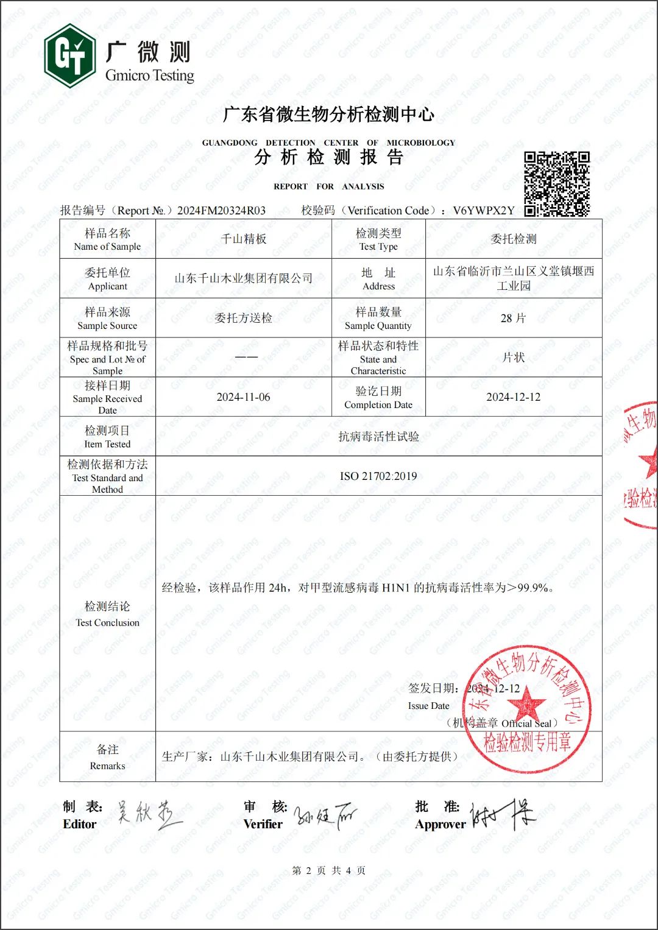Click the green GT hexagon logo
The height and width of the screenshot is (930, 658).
[69, 56]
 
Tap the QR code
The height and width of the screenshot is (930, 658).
[557, 184]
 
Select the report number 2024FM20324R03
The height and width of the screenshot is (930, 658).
[221, 211]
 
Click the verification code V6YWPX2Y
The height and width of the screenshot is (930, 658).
[484, 211]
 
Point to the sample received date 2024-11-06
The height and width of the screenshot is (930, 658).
[243, 397]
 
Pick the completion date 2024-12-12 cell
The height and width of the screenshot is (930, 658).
[513, 397]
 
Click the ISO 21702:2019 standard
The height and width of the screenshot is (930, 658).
[378, 476]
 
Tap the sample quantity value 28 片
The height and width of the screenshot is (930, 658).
[513, 318]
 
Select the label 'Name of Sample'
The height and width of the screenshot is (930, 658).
[107, 247]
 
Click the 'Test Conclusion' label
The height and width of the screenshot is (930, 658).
[107, 622]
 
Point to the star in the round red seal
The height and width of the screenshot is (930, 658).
[526, 704]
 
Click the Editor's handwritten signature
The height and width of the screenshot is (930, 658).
[149, 814]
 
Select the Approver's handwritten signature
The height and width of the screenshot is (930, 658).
[501, 815]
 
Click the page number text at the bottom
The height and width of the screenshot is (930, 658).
[329, 870]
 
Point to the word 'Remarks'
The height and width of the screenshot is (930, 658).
[107, 766]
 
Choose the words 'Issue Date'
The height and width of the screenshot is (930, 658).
[428, 706]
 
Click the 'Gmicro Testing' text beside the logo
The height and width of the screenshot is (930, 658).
[149, 76]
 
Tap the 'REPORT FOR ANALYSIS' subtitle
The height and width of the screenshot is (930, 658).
[329, 186]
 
